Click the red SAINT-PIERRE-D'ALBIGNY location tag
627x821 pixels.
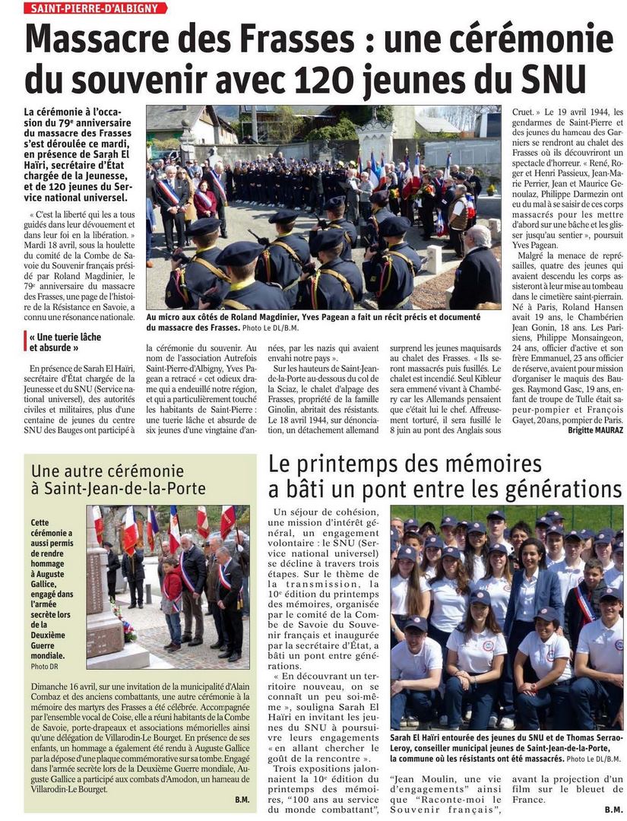click(x=95, y=8)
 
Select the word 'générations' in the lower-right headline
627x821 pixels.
click(x=557, y=490)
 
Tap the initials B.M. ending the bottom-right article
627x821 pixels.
click(x=613, y=810)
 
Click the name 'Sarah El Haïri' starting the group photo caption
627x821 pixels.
click(x=422, y=737)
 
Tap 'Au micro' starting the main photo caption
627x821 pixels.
click(x=164, y=316)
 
